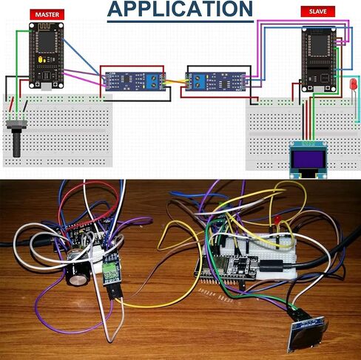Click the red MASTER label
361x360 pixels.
tap(47, 15)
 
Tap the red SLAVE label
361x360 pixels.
tap(318, 12)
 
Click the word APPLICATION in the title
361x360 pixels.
tap(180, 9)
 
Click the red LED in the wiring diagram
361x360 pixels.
tap(354, 84)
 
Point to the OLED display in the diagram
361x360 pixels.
tap(308, 159)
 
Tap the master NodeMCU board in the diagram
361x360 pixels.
tap(47, 55)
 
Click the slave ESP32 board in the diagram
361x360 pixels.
tap(320, 59)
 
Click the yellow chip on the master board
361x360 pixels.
tap(41, 59)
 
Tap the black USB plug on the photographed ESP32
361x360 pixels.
tap(271, 265)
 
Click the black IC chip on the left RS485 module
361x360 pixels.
tap(126, 78)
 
